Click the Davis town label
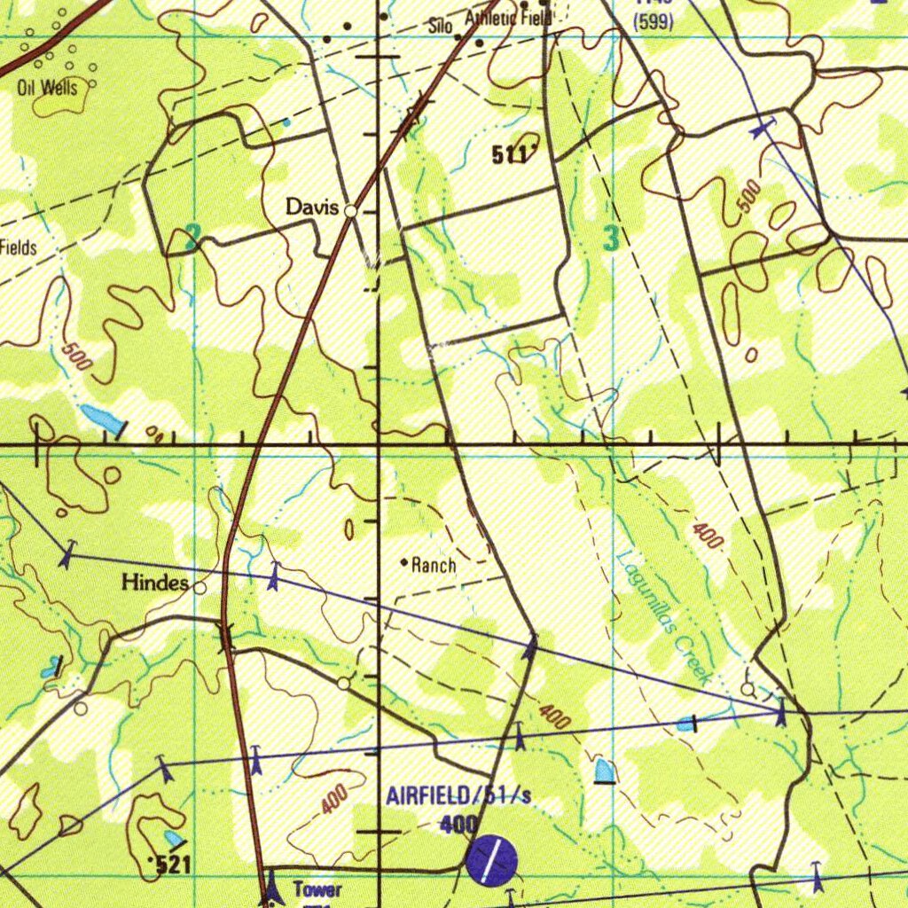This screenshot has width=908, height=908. pos(311,207)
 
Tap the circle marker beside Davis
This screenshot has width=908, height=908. pos(351,211)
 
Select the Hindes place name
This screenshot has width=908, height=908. pos(155,583)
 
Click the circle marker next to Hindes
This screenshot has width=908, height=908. pos(200,587)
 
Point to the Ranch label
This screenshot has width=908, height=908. pos(434,565)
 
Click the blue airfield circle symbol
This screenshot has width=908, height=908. pos(491,861)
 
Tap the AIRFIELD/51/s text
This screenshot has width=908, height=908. pos(458,795)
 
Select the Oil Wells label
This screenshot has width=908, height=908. pos(47,87)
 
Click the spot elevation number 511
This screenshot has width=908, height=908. pos(510,156)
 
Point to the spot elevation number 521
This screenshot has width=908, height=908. pos(173,865)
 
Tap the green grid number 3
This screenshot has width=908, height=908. pos(611,238)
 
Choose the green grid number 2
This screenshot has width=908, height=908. pos(193,238)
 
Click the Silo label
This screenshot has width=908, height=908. pos(441,27)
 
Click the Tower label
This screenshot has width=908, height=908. pos(317,889)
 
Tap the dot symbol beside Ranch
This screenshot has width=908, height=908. pos(404,562)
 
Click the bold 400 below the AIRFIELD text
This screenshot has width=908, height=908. pos(458,825)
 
